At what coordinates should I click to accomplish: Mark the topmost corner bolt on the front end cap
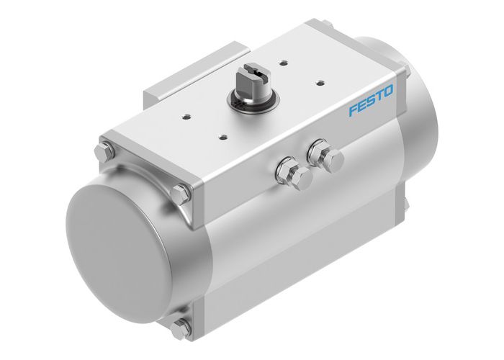click(x=103, y=153)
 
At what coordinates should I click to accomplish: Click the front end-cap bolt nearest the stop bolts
click(x=183, y=192)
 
